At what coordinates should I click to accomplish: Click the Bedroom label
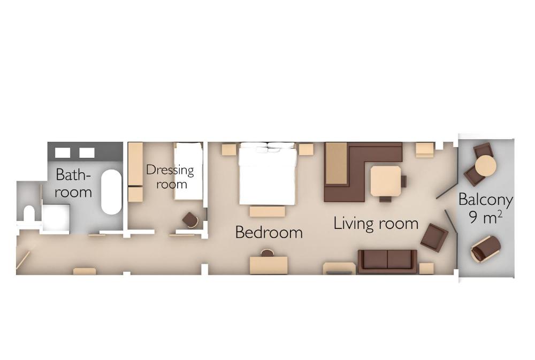click(269, 232)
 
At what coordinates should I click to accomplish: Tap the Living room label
click(376, 224)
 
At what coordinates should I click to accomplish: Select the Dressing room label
click(171, 177)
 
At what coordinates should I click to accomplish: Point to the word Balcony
click(485, 200)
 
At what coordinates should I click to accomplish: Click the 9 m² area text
click(486, 218)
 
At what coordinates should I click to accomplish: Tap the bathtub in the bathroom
click(111, 192)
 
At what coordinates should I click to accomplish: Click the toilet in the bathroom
click(29, 213)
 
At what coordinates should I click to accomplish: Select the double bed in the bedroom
click(267, 174)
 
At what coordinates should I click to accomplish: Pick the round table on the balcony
click(486, 165)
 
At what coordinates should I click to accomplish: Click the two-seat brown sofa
click(387, 262)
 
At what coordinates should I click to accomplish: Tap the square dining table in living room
click(386, 181)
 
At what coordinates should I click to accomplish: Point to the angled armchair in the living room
click(434, 236)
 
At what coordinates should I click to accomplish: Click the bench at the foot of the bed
click(267, 211)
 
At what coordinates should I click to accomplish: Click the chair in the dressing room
click(190, 219)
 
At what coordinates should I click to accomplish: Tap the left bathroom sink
click(63, 152)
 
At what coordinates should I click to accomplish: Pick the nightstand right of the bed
click(306, 149)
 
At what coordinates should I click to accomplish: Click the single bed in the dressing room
click(188, 171)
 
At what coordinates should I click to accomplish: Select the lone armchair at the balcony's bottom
click(486, 248)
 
